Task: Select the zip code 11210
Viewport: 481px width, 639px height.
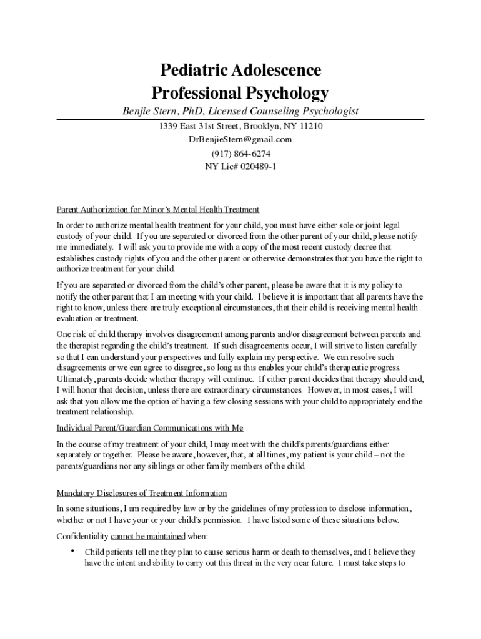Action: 311,126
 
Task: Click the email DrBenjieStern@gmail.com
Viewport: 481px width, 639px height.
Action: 240,139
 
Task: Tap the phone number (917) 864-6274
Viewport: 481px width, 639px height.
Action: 241,153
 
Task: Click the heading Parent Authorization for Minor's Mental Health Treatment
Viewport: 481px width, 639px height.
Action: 157,209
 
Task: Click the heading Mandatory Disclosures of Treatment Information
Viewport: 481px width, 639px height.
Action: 142,493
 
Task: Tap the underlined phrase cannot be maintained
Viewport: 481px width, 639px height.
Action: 148,536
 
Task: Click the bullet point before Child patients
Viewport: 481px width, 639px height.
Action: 73,550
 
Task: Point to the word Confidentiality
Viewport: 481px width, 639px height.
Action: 82,536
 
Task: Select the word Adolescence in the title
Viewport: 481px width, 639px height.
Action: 278,70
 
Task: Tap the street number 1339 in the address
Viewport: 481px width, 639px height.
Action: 169,126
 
